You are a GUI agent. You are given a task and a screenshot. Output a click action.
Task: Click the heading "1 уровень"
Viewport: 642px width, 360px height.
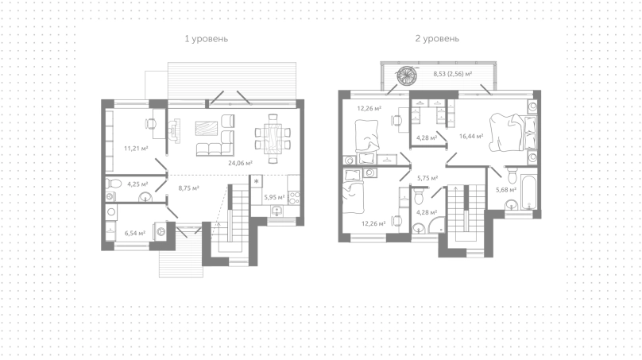[207, 39]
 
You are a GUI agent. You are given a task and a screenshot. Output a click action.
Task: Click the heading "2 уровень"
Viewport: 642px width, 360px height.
[437, 38]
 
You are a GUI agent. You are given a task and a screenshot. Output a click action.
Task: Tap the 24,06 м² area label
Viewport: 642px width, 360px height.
[240, 163]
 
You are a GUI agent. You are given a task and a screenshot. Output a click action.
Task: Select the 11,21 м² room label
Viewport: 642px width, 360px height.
[136, 149]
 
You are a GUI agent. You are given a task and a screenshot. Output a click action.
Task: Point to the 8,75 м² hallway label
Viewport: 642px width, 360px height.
[189, 188]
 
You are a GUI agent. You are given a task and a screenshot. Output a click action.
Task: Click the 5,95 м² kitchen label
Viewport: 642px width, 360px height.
[274, 197]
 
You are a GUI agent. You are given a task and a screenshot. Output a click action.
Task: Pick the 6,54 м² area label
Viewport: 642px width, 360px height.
[135, 234]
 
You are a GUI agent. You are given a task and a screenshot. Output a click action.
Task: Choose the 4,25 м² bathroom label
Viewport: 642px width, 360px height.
[137, 184]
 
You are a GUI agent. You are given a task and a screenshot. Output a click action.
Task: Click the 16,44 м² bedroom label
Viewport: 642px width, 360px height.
[471, 137]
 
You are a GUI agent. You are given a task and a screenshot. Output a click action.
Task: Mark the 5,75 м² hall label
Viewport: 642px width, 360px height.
[427, 178]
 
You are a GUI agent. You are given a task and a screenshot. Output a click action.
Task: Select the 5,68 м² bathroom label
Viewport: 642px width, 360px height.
[506, 190]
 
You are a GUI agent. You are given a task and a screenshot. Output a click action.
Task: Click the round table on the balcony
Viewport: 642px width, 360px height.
[407, 75]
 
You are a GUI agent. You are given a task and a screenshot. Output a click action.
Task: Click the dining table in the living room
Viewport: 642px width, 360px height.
[273, 138]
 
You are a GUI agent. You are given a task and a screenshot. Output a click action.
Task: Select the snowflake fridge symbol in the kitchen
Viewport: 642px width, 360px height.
[257, 181]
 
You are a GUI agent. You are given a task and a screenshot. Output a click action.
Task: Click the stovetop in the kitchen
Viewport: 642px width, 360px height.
[295, 198]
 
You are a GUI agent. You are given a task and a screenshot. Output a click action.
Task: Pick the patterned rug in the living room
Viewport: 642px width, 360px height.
[207, 131]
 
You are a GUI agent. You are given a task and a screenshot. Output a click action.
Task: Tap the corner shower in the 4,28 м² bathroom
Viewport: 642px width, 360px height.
[437, 225]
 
